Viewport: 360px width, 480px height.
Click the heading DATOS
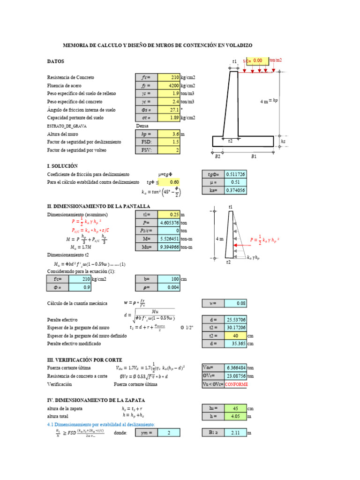coord(55,61)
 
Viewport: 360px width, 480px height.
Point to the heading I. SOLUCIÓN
coord(62,166)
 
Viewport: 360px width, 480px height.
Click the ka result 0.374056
coord(235,190)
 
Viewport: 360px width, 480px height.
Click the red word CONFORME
coord(236,384)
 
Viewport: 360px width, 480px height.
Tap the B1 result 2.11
coord(235,433)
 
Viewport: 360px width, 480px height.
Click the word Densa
coord(142,126)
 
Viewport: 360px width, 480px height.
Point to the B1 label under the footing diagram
coord(254,157)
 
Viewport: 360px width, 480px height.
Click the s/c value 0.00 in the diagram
coord(258,60)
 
